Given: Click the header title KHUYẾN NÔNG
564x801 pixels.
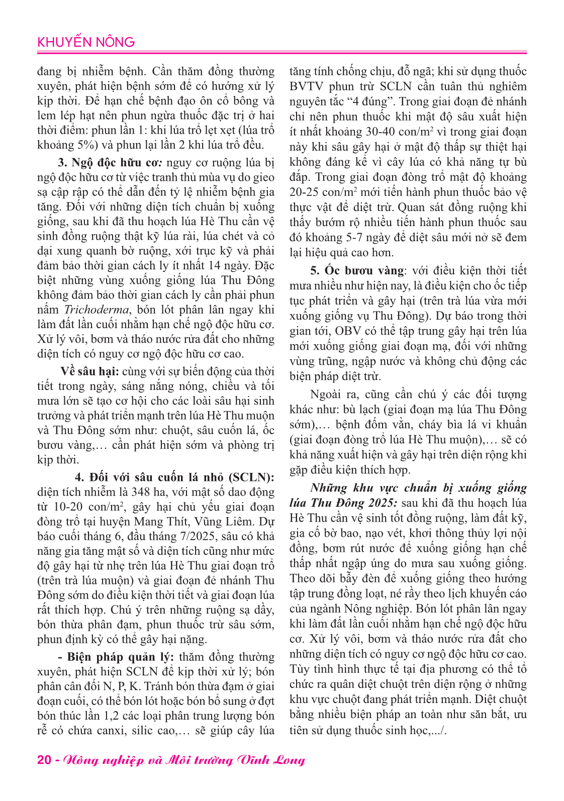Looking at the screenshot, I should (86, 42).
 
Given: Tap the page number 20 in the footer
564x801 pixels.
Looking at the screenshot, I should (44, 760).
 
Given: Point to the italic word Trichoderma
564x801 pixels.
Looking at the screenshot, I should (96, 310).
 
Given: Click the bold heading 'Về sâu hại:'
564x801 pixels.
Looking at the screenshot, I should (89, 371).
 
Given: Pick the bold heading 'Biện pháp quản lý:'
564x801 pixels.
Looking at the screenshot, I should (121, 657).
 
